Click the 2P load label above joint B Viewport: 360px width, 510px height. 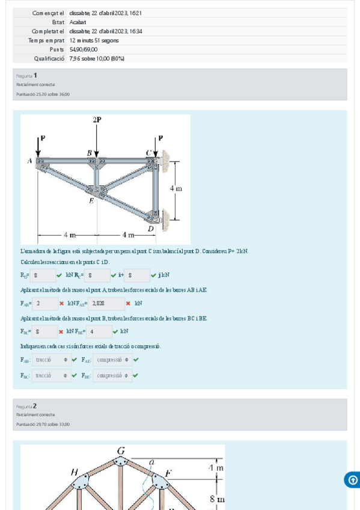click(x=97, y=120)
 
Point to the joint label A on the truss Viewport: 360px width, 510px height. click(x=29, y=161)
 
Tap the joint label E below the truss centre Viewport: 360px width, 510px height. click(x=91, y=201)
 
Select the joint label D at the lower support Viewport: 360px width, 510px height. click(x=150, y=228)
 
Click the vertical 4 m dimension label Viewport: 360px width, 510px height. click(x=175, y=189)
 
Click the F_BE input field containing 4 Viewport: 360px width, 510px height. click(x=99, y=331)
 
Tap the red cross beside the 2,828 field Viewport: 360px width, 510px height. click(x=128, y=304)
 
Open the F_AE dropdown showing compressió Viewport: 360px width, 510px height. click(x=112, y=360)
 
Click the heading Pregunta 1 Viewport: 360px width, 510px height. click(x=26, y=75)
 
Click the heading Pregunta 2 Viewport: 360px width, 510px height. click(x=26, y=406)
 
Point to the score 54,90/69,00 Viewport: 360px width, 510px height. click(x=83, y=49)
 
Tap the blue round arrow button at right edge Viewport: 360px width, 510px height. click(x=352, y=480)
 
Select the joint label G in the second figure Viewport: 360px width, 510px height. click(x=121, y=450)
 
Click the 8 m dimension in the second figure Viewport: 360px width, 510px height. click(x=216, y=499)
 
